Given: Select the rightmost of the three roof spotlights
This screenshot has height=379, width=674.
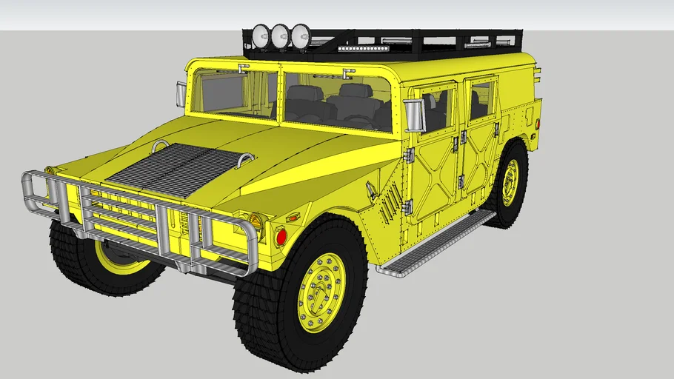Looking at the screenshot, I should point(300,36).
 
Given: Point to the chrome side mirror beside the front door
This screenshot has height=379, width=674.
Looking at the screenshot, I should point(413,115).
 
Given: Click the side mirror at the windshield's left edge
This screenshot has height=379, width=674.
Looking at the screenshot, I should point(181,94).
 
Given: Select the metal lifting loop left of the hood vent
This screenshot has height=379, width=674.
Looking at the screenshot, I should point(159,144).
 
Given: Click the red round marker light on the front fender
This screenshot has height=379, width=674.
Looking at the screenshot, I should point(281,237).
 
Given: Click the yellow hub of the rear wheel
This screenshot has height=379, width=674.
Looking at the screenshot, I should point(510,182).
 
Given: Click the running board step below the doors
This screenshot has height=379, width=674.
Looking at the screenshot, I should point(437,241).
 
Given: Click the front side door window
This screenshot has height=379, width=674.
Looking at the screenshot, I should point(437,108).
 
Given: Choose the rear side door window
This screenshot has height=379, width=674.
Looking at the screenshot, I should point(481,101).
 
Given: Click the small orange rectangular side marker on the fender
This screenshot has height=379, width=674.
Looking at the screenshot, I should point(292,218).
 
